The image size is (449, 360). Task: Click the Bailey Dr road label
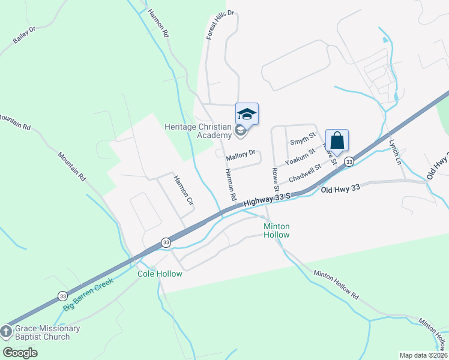pos(24,35)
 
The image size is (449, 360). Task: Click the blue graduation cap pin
pos(247,113)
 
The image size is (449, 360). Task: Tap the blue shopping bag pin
pos(337,140)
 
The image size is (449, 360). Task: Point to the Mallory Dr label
pos(241,157)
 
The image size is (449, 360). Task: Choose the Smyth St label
pos(303,142)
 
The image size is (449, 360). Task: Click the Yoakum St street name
pos(300,158)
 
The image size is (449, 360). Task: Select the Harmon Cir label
pos(182,190)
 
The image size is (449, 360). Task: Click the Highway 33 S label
pos(267,200)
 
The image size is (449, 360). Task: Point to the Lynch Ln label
pos(394,152)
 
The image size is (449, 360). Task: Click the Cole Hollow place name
pos(160,274)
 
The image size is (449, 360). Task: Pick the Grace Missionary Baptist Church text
pos(47,332)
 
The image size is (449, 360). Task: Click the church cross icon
pos(6,332)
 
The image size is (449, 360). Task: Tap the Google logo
pos(20,352)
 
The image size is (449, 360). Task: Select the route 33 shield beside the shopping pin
pos(349,162)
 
